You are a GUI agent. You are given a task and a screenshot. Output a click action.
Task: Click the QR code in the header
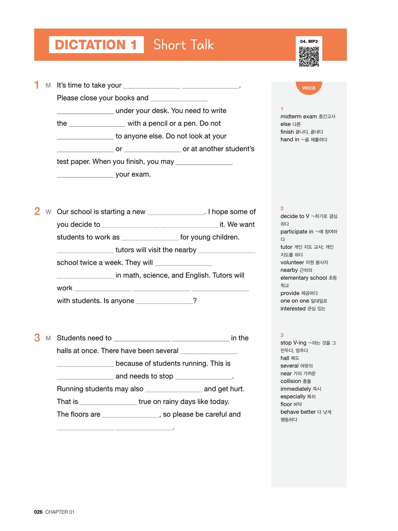click(309, 57)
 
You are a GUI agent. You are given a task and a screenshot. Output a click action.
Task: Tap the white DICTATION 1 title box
click(96, 45)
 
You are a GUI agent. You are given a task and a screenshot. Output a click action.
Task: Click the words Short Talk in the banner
click(184, 45)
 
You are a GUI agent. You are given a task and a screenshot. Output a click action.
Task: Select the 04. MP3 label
click(309, 41)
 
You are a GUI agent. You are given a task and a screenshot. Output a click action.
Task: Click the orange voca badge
click(309, 88)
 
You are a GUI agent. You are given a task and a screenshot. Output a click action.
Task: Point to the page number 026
click(38, 512)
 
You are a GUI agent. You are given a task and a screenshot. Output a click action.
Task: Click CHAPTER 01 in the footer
click(60, 512)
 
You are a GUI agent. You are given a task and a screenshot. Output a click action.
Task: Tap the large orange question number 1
click(37, 85)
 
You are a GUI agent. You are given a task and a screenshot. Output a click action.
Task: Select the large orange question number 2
click(37, 211)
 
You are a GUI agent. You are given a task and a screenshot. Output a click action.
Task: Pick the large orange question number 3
click(37, 338)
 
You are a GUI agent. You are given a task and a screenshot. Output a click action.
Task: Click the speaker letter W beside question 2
click(48, 212)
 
